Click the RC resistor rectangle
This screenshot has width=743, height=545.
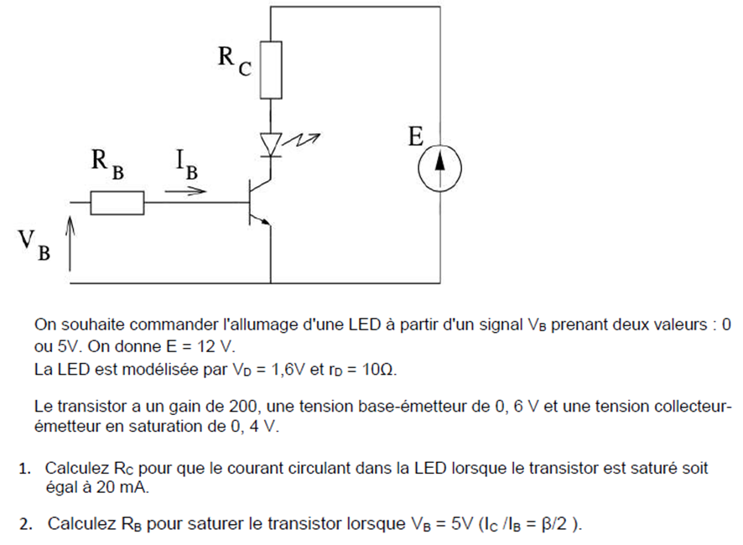click(271, 69)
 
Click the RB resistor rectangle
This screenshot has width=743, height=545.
click(117, 203)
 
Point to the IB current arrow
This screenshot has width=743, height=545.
click(185, 191)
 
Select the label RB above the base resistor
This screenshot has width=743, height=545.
click(107, 164)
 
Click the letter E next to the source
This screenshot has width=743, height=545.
click(417, 138)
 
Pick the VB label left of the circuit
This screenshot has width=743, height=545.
click(33, 244)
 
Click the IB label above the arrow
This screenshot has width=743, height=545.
click(187, 164)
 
